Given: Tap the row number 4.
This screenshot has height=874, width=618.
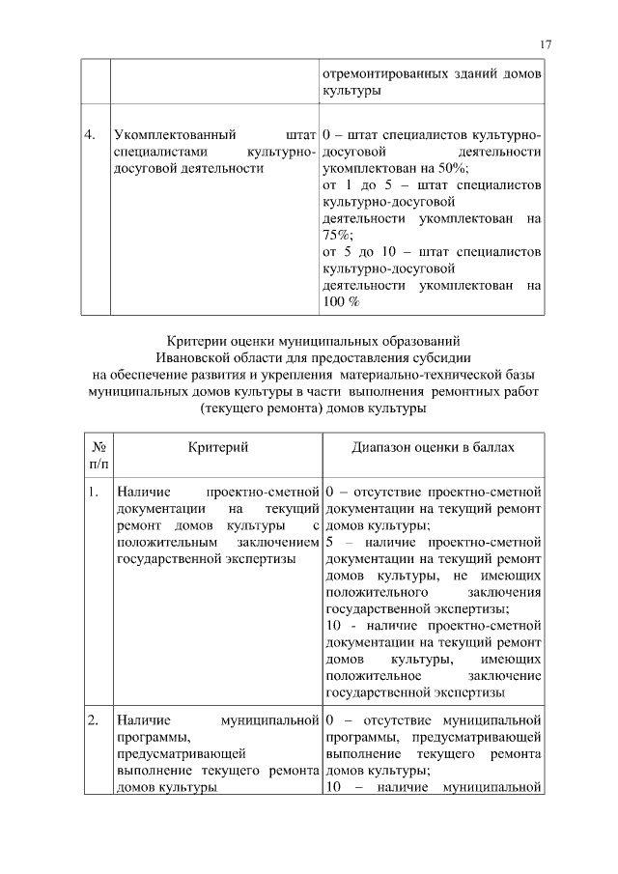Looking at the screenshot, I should pyautogui.click(x=90, y=134).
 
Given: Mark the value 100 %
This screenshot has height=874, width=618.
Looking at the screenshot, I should pyautogui.click(x=341, y=302).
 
